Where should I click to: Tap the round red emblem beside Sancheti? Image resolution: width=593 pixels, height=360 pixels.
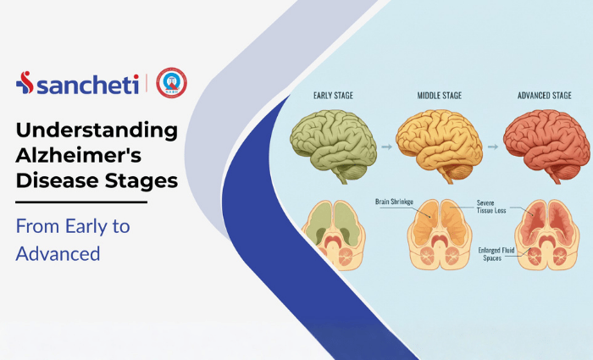point(172,83)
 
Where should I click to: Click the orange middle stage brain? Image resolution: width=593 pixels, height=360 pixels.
point(436,140)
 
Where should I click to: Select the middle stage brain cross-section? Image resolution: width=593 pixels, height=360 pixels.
point(438,235)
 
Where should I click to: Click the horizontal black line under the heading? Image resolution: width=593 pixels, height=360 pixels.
point(81,202)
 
